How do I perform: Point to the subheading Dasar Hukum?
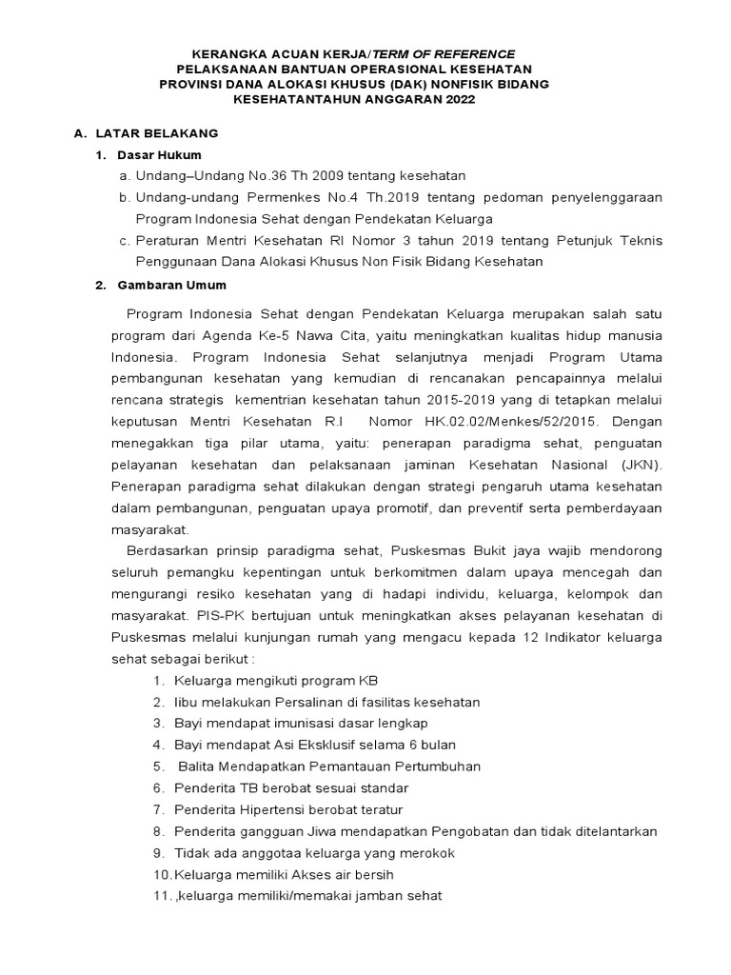pos(159,154)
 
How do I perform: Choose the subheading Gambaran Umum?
pos(171,285)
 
